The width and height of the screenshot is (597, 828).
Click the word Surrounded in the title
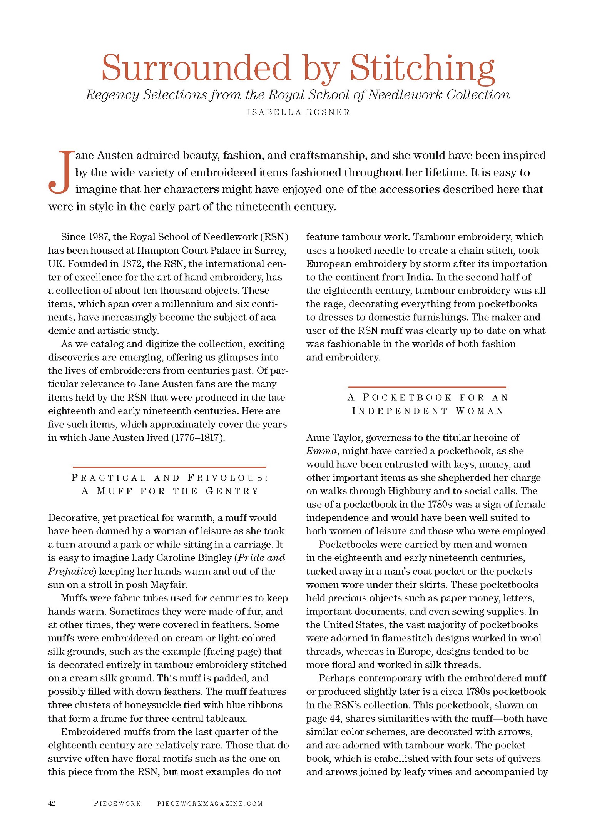[x=196, y=68]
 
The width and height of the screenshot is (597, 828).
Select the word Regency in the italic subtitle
[x=112, y=95]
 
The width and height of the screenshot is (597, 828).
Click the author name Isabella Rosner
[x=298, y=112]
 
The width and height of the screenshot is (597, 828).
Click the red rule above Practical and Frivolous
[x=169, y=467]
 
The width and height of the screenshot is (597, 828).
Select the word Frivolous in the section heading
[x=227, y=478]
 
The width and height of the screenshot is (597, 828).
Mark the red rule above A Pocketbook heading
[x=427, y=387]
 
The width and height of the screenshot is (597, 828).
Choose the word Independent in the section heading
[x=400, y=411]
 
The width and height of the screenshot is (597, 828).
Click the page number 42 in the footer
[x=52, y=803]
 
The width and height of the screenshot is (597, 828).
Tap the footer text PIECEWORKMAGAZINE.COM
[x=210, y=804]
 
